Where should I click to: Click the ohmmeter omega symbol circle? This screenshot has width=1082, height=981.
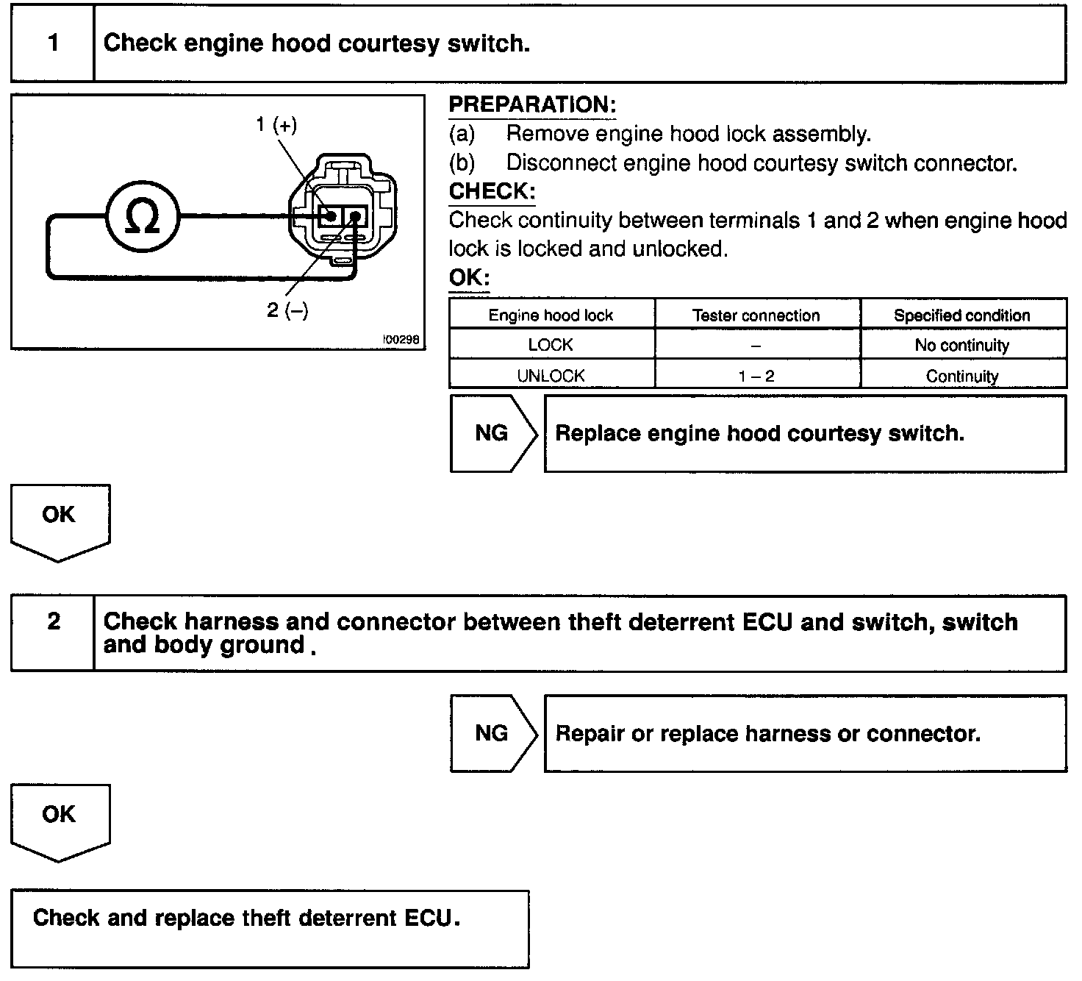[143, 216]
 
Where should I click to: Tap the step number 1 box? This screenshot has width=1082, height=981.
[53, 43]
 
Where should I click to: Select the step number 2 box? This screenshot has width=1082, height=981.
[53, 622]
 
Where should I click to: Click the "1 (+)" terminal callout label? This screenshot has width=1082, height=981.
[276, 125]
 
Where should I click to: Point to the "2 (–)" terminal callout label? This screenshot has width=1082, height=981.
[287, 310]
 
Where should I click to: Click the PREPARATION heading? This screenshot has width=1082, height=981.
[532, 105]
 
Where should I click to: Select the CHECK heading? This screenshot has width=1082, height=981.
[492, 192]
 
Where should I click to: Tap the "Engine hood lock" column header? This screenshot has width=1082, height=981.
[551, 315]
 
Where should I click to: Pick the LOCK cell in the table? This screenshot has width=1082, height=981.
[551, 345]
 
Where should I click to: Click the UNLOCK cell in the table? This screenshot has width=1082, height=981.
[551, 376]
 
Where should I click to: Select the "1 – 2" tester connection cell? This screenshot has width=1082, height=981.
[756, 377]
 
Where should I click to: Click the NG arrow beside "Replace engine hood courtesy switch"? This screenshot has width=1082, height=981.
[492, 433]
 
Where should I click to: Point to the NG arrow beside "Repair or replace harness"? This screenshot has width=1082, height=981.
[492, 733]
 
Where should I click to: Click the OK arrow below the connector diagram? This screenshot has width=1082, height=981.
[59, 518]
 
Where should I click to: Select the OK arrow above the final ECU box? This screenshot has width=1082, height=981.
[59, 818]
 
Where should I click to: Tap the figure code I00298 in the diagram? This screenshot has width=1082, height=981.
[401, 340]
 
